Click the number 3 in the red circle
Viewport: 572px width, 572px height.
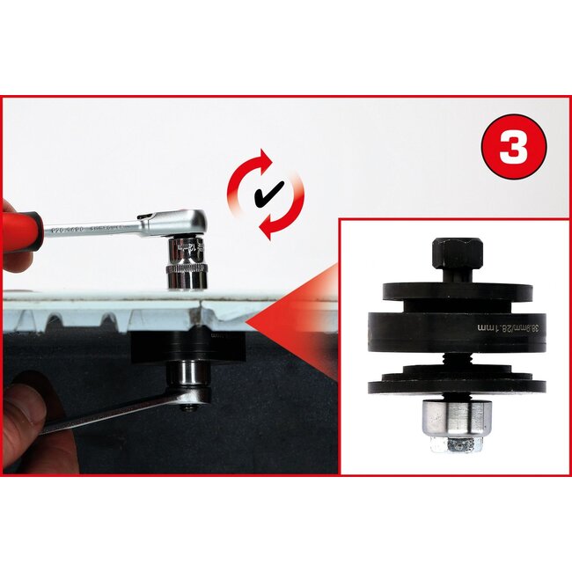coord(514,147)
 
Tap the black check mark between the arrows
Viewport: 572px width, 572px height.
coord(261,194)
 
